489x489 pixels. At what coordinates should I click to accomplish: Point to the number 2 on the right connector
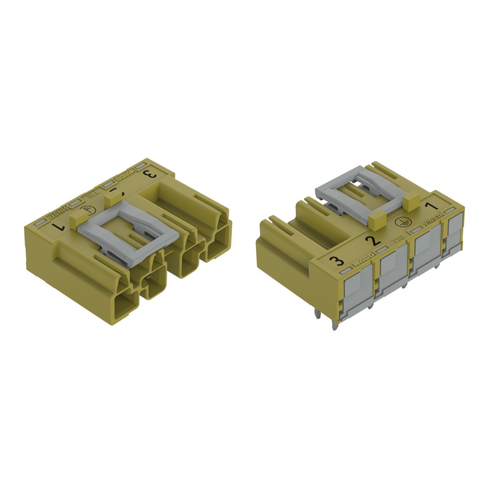[x=371, y=240]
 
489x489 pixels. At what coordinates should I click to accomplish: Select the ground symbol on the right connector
[x=402, y=220]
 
